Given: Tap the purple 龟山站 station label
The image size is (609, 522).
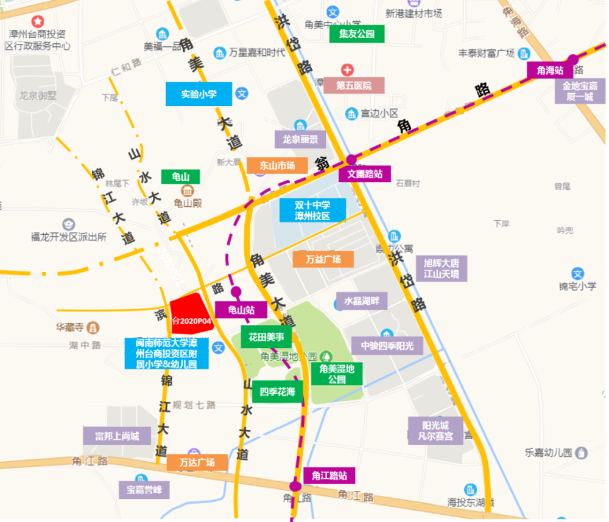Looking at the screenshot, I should coord(241,310).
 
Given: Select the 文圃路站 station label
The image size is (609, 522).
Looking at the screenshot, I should coord(365,173).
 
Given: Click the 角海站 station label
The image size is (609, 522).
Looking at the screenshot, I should coord(550,71).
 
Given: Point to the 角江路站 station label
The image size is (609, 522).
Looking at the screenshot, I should coord(329,475).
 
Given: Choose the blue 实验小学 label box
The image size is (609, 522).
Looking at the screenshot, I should coord(199,94).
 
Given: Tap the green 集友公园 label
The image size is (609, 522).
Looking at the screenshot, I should coord(357,33).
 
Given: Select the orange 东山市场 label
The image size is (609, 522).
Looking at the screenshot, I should coord(277,165).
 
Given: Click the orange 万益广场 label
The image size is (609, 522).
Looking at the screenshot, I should coord(323,259).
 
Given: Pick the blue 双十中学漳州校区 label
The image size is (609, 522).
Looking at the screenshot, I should coord(312,210).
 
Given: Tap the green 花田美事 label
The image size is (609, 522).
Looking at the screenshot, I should coord(266,336).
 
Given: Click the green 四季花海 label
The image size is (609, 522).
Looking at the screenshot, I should coord(278,392).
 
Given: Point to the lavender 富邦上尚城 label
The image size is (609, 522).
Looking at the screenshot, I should coord(117,436).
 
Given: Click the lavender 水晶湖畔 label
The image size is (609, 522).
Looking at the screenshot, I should coord(362,301).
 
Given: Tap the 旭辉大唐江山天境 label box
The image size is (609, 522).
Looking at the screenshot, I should coord(441,268).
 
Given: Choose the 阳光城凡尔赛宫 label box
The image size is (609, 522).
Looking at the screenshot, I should coord(435,430).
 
